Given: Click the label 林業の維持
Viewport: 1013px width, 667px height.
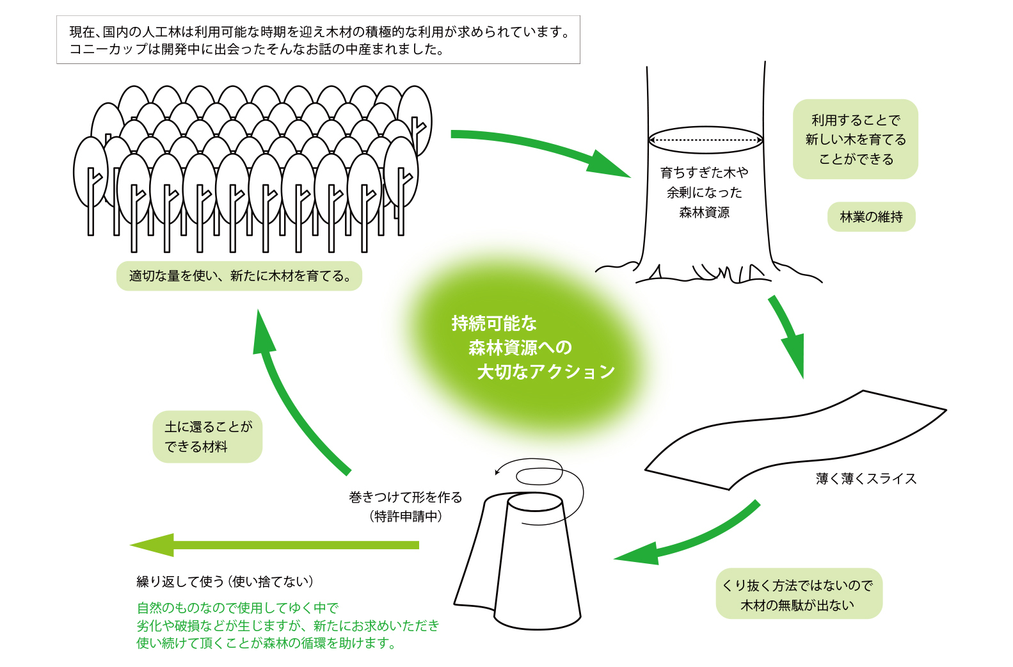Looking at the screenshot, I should coord(871,217).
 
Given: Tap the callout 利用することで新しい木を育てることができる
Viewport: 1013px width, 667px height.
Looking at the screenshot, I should coord(855,139).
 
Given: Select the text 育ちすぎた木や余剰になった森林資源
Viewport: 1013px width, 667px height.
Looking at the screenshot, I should coord(704,192).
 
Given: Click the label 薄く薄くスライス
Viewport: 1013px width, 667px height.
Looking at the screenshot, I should coord(866,479).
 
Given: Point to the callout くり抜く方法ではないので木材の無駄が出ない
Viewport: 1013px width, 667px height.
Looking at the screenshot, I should coord(798,594).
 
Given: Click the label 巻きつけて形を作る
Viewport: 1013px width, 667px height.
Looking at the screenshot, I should coord(405,497).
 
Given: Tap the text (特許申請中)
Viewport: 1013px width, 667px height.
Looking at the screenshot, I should coord(405,516).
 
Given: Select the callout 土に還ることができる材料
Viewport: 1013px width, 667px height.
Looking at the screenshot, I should coord(207,437).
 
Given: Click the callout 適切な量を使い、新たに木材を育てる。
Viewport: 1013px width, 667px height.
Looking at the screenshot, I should coord(239,276).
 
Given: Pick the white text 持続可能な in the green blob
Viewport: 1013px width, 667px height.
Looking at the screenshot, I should coord(494,323).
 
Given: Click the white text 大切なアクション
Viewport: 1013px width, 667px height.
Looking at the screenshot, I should coord(546,372).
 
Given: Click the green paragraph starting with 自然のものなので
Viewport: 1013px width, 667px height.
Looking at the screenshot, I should coord(287,625).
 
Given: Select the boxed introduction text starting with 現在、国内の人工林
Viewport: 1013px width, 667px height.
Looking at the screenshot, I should coord(318,40).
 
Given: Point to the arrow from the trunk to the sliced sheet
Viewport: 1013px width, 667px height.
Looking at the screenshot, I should coord(787,333).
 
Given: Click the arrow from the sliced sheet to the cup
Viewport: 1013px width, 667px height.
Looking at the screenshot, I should coord(691,542).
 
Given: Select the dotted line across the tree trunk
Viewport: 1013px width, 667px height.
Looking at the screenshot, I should coord(705,140).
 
